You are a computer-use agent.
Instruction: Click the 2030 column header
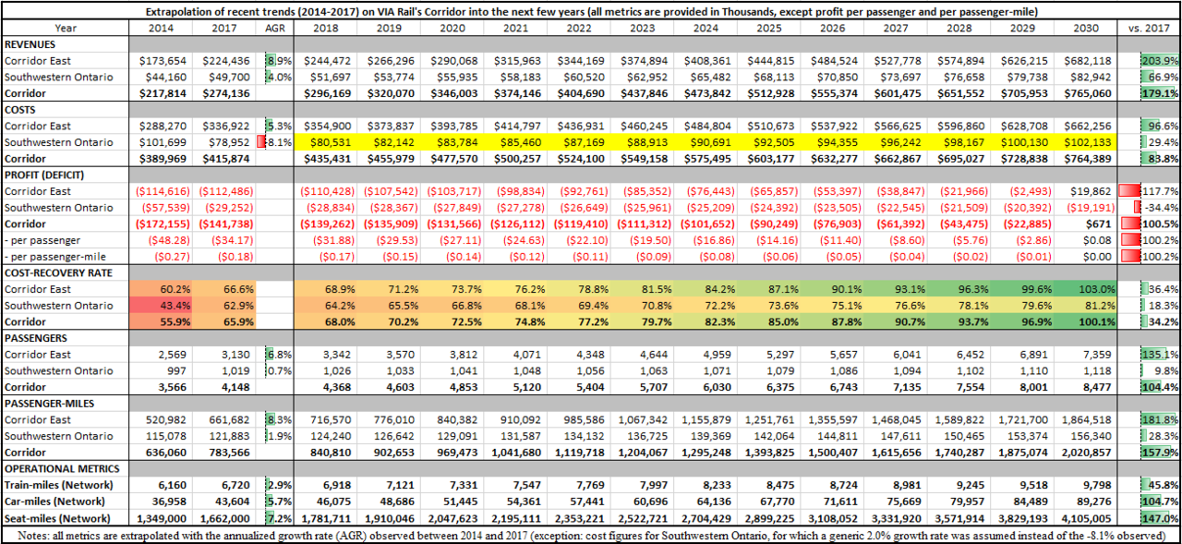pos(1086,28)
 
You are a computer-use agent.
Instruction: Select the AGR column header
pos(275,28)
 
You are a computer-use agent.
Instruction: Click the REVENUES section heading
pos(31,43)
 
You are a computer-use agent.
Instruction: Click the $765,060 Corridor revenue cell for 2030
pos(1086,93)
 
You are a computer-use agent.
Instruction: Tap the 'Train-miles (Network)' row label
pos(57,484)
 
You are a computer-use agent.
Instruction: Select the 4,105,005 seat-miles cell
pos(1086,517)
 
